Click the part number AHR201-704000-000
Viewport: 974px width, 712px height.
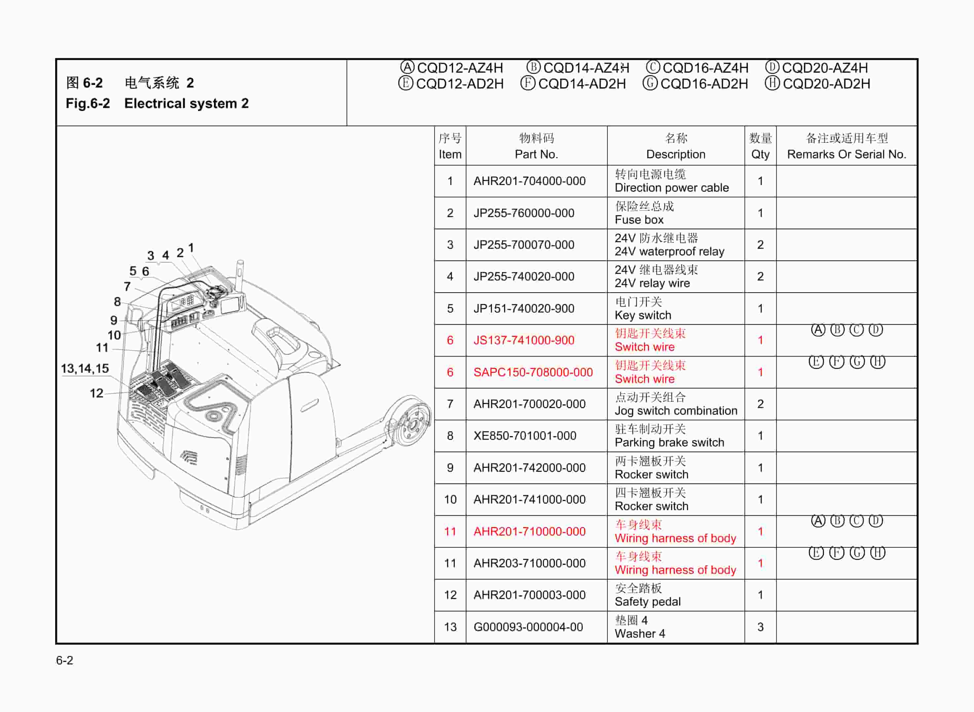point(529,181)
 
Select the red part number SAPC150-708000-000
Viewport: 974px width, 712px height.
point(533,372)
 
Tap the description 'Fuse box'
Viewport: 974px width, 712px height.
point(639,220)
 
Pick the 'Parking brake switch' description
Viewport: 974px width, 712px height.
point(669,443)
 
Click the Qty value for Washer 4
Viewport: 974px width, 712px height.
point(760,627)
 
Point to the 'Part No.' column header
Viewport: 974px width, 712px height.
point(536,154)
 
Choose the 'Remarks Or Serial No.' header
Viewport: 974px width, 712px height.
point(847,154)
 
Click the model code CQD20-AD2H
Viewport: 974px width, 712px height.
point(826,84)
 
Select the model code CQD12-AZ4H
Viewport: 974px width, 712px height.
point(460,68)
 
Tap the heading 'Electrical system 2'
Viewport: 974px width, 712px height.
point(186,103)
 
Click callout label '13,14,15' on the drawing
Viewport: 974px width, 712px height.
point(85,368)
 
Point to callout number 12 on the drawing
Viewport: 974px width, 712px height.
point(96,393)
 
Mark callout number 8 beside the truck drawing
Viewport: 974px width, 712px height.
point(117,302)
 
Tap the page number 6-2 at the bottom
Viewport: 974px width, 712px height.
point(65,660)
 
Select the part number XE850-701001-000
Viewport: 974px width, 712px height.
point(525,436)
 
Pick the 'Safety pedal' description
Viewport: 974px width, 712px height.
point(647,602)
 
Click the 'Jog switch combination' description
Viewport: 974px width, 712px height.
point(676,411)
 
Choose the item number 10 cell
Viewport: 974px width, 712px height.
point(450,500)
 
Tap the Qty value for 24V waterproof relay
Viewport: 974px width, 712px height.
point(760,245)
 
